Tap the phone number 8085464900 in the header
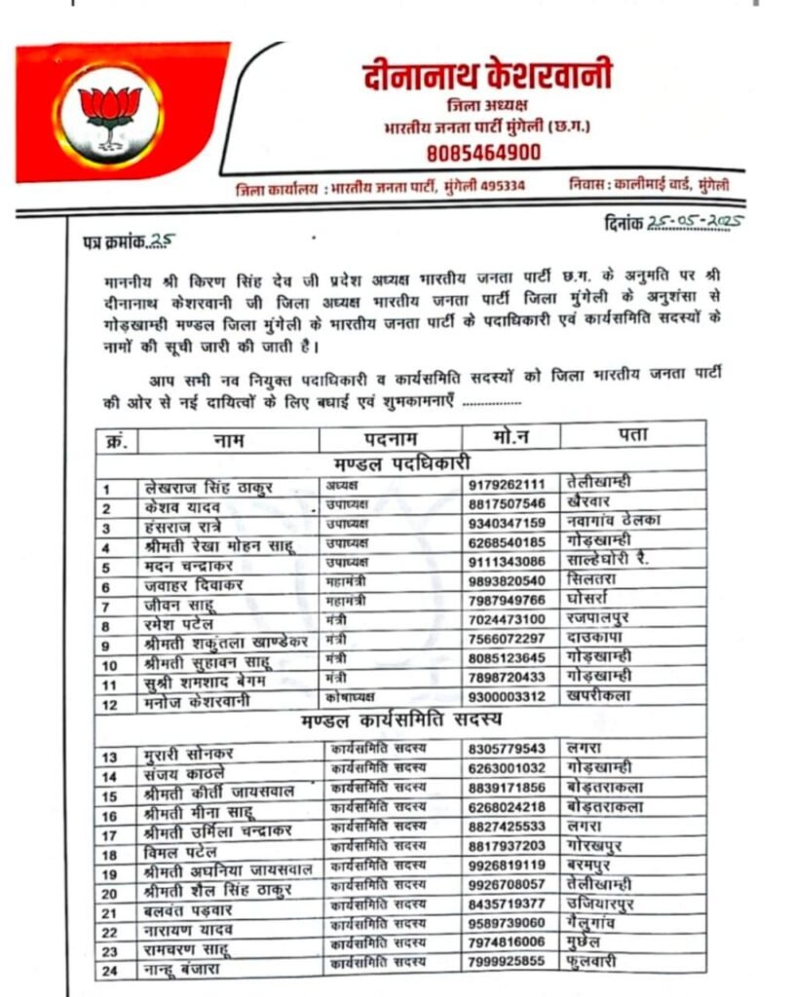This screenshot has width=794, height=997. [x=482, y=153]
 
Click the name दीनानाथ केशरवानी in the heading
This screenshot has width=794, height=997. [x=486, y=76]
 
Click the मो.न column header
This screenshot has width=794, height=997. [x=510, y=435]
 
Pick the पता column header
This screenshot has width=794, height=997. [x=632, y=432]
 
